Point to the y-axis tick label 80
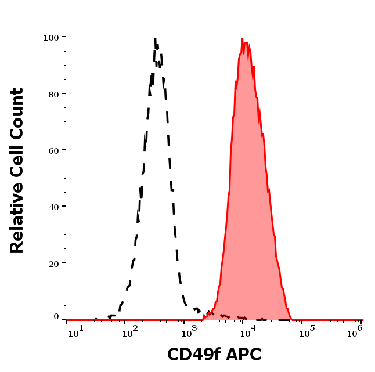(x=53, y=93)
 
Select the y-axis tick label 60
(x=53, y=150)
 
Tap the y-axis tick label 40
(x=53, y=206)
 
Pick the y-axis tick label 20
(x=53, y=263)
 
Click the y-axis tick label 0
(x=56, y=317)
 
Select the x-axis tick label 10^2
(x=128, y=331)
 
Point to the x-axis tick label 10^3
(x=189, y=331)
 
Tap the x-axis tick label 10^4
(x=248, y=331)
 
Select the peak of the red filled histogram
(x=242, y=39)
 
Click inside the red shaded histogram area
(x=248, y=203)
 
